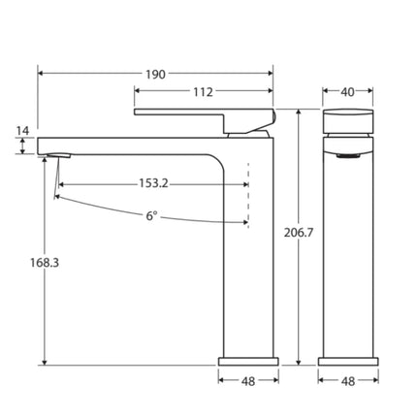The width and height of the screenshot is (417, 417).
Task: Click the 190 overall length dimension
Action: pos(155,74)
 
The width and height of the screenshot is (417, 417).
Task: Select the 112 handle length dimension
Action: pos(202,92)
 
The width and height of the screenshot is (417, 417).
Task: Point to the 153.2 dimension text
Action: pos(153,181)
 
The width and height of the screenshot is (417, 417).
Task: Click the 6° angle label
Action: pos(152,216)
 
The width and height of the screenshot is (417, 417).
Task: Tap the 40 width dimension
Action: pos(347,92)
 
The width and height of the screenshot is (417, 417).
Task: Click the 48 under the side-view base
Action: pos(247,381)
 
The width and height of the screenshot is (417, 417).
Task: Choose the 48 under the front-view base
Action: pos(347,381)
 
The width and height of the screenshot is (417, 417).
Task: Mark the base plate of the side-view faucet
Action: pos(247,361)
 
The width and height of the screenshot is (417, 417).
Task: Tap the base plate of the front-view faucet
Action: pos(347,361)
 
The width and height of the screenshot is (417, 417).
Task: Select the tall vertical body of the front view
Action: pos(347,252)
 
